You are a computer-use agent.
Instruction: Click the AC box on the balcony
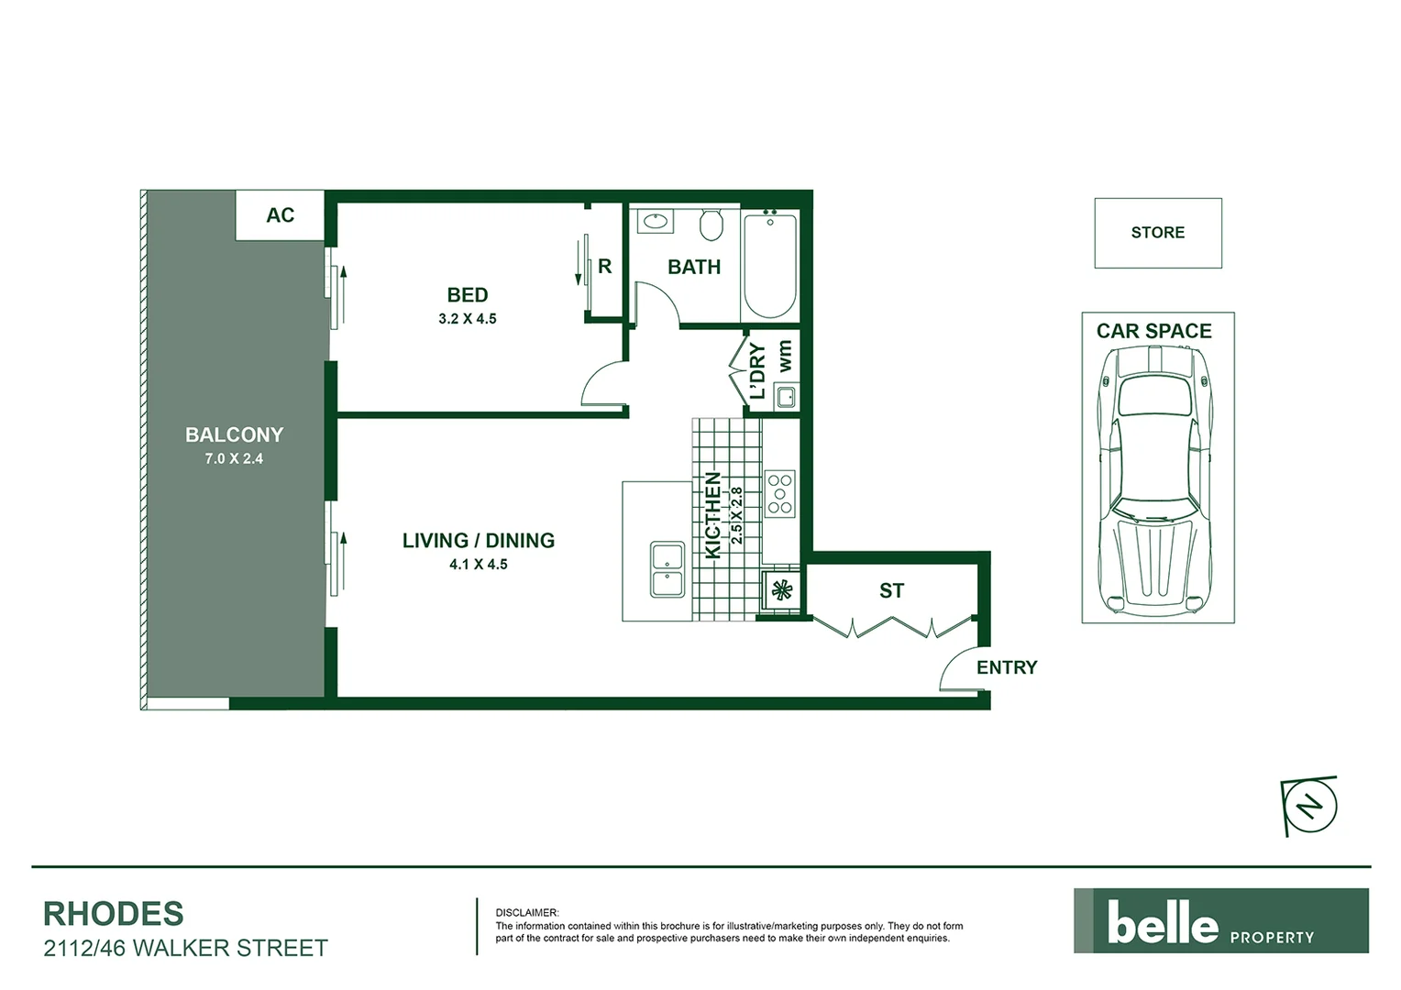tap(280, 215)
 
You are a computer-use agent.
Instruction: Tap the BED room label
tap(467, 295)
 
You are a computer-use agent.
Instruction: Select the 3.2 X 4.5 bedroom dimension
tap(467, 319)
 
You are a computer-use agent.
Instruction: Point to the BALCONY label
tap(234, 434)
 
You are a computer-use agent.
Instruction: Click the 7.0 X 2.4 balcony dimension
tap(234, 458)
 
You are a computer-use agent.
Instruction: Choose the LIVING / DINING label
tap(478, 541)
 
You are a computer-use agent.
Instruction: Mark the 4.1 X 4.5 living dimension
tap(478, 565)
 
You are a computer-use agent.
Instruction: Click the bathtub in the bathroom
tap(769, 265)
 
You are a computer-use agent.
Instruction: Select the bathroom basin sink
tap(656, 221)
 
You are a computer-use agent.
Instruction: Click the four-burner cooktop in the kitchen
tap(780, 494)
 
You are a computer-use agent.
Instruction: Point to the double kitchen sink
tap(667, 570)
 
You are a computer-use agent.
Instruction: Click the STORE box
tap(1157, 233)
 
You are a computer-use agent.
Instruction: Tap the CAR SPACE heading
tap(1153, 331)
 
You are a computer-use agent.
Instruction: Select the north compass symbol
tap(1311, 806)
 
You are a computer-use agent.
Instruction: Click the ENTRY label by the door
tap(1006, 667)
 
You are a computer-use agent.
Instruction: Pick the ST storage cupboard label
tap(891, 591)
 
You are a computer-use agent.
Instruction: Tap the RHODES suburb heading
tap(114, 914)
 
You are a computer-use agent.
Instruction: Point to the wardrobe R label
tap(604, 267)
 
